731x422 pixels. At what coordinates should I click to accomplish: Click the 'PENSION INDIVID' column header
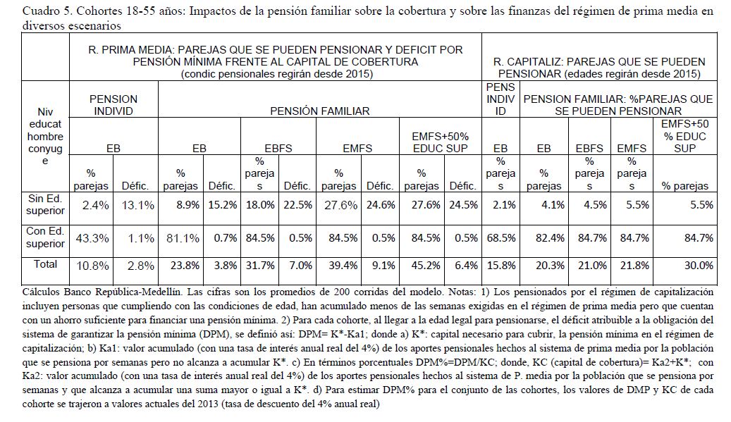(113, 105)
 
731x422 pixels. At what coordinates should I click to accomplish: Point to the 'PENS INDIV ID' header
(500, 100)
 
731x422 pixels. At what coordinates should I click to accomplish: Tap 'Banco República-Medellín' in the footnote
(94, 290)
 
